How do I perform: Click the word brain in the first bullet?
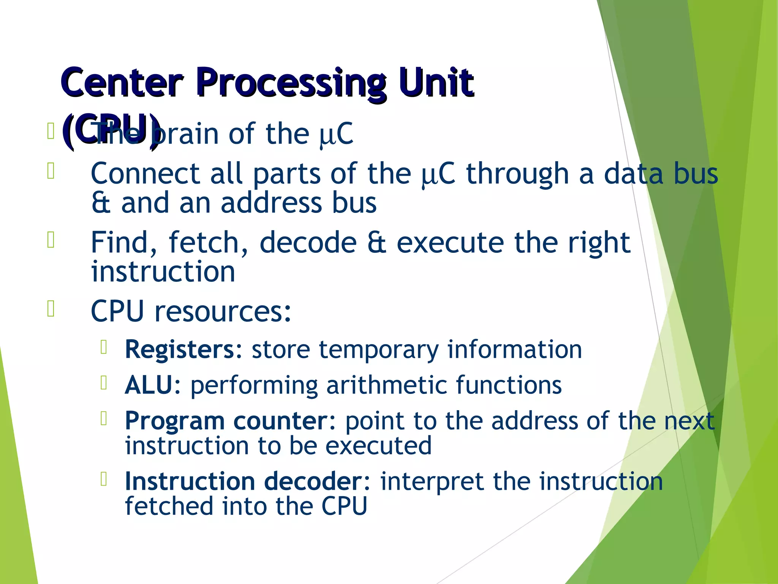[186, 134]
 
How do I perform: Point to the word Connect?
[144, 174]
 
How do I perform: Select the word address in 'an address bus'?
[272, 203]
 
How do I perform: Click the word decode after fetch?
[308, 243]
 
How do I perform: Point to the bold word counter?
[281, 421]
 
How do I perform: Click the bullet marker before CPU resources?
[51, 308]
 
